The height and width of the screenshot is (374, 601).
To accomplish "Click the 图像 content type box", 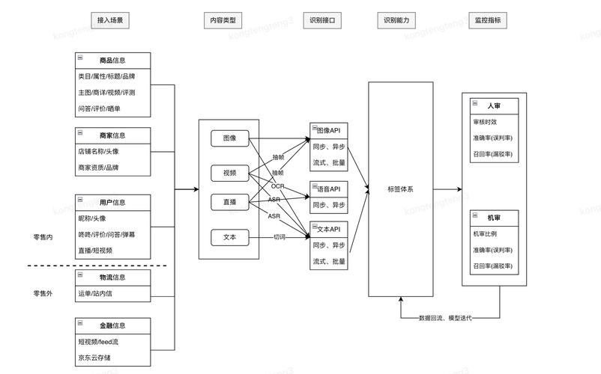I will (229, 138).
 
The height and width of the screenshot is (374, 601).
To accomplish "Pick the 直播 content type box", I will (229, 203).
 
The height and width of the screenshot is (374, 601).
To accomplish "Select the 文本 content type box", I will (229, 238).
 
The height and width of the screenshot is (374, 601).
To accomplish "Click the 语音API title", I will (329, 188).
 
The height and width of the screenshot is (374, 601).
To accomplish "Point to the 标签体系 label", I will (400, 189).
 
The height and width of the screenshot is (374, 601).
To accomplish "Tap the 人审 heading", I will (494, 106).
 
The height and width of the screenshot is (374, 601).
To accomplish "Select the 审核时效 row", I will (485, 122).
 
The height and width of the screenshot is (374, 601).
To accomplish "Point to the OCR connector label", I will (277, 186).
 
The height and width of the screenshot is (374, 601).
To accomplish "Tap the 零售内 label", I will (43, 237).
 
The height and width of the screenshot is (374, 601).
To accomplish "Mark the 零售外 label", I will (43, 292).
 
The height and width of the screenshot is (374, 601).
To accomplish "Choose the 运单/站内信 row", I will (95, 294).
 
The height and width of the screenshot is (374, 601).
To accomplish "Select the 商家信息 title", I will (112, 135).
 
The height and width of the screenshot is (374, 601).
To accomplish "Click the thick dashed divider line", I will (97, 266).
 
